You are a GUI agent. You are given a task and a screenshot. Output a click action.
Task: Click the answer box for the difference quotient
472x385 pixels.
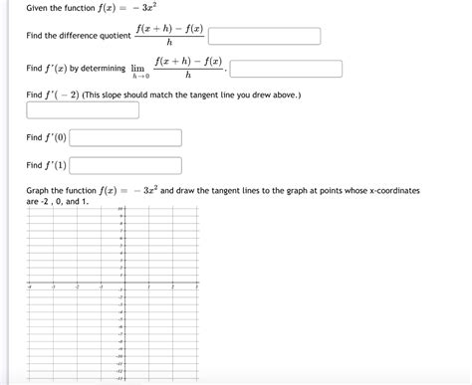coord(264,37)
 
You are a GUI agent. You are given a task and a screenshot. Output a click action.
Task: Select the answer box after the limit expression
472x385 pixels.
coord(286,70)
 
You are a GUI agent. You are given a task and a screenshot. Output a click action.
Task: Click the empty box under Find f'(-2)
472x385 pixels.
coord(83,110)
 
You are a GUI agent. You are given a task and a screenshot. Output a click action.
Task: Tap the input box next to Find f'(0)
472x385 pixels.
coord(125,139)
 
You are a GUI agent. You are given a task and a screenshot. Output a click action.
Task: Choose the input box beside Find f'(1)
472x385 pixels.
coord(125,165)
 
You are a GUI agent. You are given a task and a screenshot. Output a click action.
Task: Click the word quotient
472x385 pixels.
coord(111,37)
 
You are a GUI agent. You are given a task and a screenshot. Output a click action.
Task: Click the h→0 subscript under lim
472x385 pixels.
coord(140,77)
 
